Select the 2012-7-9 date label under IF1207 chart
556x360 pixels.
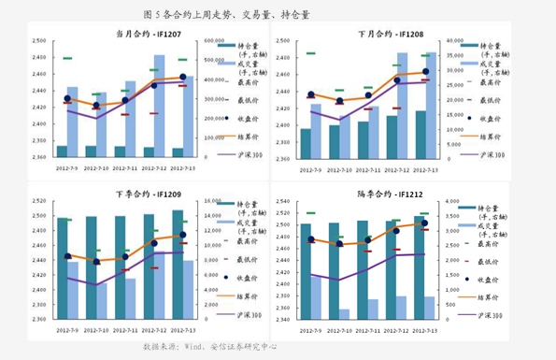point(69,169)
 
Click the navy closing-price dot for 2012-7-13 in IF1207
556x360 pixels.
point(183,78)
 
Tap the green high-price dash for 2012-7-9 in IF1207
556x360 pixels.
point(67,59)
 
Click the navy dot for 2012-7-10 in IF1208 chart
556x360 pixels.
point(340,101)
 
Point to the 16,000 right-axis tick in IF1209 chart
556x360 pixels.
point(211,201)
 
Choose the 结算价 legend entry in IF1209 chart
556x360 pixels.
point(245,297)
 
